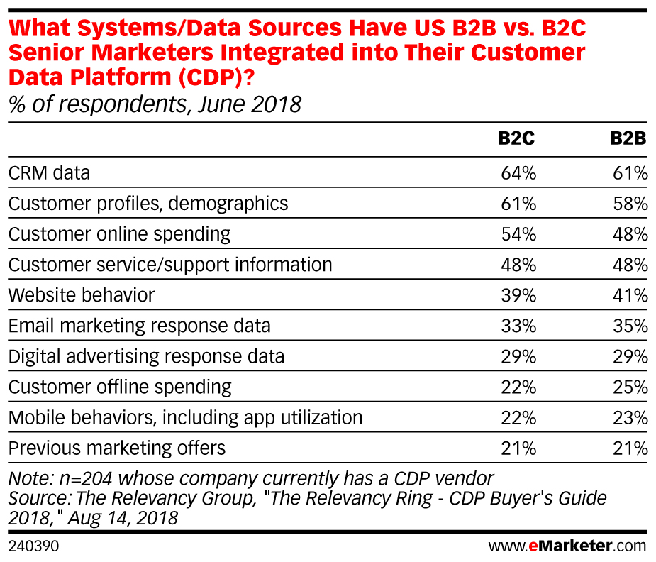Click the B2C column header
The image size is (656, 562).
(x=516, y=140)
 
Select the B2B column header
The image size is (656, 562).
(x=628, y=140)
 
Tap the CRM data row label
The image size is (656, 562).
(x=49, y=172)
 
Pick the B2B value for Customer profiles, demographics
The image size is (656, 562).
(x=630, y=204)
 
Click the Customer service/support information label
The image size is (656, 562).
(x=170, y=265)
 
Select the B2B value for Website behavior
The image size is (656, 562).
(x=630, y=295)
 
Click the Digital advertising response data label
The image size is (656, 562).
(x=146, y=356)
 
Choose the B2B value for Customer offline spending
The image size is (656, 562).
(x=630, y=387)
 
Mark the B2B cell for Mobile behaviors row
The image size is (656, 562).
(x=630, y=418)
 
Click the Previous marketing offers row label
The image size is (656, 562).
(x=117, y=448)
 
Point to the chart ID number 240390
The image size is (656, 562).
(x=33, y=546)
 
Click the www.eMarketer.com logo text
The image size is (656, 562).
(x=567, y=546)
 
